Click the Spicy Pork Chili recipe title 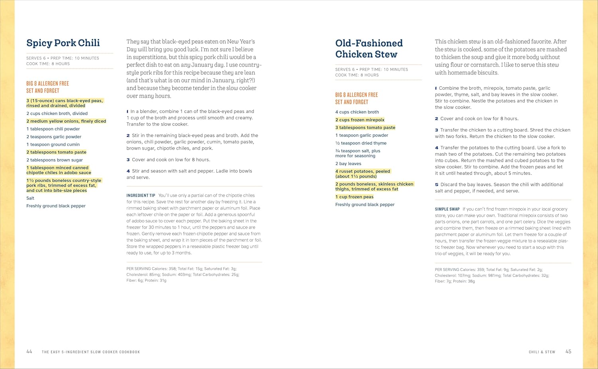[63, 43]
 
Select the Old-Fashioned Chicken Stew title [369, 49]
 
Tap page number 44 [29, 351]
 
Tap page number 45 [568, 351]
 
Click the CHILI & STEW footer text [542, 352]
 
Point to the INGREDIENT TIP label [141, 195]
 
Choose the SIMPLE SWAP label [447, 209]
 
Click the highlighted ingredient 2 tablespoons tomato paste [56, 152]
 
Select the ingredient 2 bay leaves [348, 164]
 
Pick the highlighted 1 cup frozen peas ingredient [354, 197]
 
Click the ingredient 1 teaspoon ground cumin [53, 144]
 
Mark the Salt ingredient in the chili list [30, 198]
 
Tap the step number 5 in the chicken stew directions [437, 185]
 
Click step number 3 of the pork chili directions [128, 160]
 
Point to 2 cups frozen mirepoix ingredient [360, 120]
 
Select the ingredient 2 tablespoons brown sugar [55, 160]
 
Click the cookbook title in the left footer [91, 352]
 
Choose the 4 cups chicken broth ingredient [357, 112]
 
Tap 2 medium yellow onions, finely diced [66, 121]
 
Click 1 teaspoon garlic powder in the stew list [362, 135]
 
